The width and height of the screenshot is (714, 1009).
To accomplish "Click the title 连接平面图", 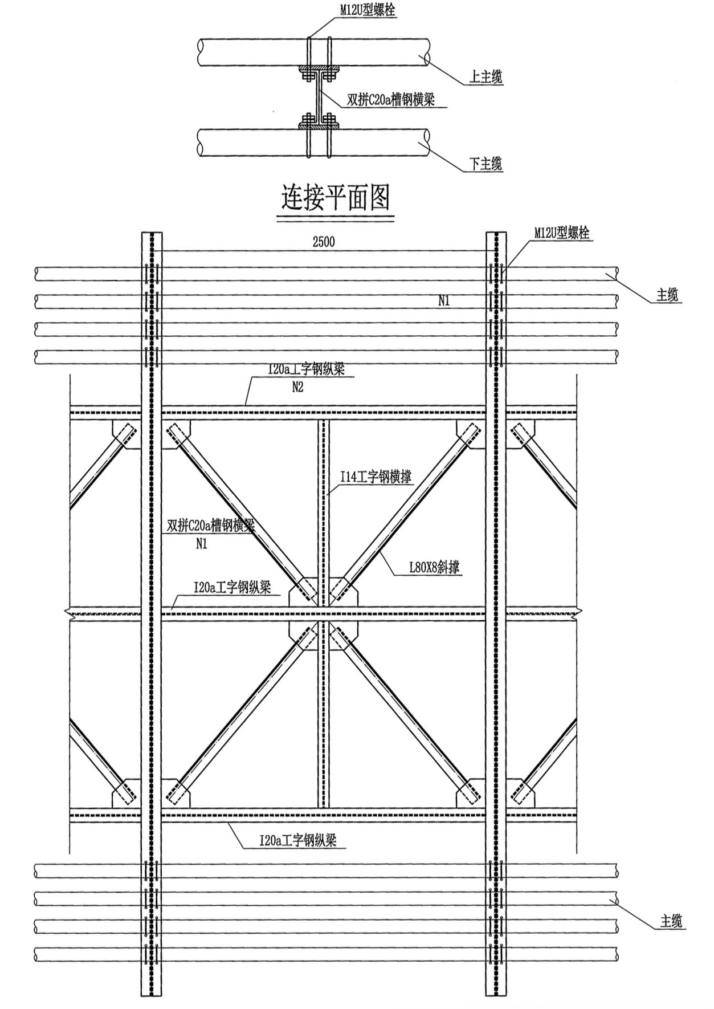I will [336, 198].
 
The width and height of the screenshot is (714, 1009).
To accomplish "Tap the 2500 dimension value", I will [324, 242].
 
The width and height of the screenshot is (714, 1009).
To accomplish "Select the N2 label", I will [297, 388].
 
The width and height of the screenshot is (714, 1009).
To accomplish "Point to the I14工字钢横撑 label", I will [376, 477].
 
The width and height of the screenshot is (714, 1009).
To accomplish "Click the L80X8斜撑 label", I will [434, 567].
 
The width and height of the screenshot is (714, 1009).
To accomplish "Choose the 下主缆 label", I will [485, 164].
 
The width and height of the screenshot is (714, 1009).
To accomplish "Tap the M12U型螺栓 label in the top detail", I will [368, 10].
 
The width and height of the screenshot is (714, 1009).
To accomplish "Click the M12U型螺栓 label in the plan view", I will [561, 233].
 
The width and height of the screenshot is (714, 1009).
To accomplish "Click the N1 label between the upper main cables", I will [444, 301].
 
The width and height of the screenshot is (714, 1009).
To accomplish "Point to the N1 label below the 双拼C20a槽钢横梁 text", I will [201, 544].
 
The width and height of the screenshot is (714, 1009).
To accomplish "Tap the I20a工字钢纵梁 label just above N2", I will [306, 369].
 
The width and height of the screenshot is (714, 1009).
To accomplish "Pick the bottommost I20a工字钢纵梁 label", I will [297, 840].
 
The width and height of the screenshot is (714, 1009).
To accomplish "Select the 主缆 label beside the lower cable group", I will [671, 921].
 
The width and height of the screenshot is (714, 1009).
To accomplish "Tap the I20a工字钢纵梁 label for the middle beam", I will [232, 588].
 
